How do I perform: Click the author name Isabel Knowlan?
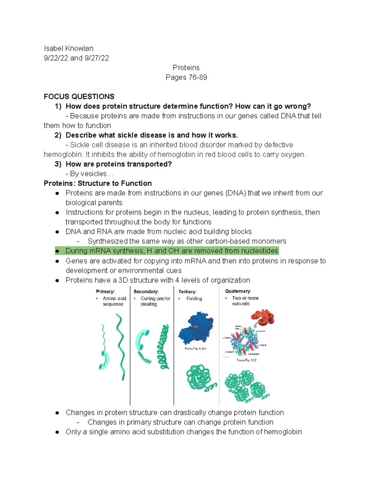click(68, 48)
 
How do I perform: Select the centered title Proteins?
click(186, 68)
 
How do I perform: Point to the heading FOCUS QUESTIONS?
click(79, 97)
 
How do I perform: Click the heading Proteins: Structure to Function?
click(98, 183)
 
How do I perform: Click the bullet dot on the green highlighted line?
click(57, 251)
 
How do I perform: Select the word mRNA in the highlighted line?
click(99, 251)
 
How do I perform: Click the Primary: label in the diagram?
click(105, 291)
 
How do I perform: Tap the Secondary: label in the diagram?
click(146, 291)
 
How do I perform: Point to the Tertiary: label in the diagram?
click(187, 292)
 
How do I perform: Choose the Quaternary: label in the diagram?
click(238, 291)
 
